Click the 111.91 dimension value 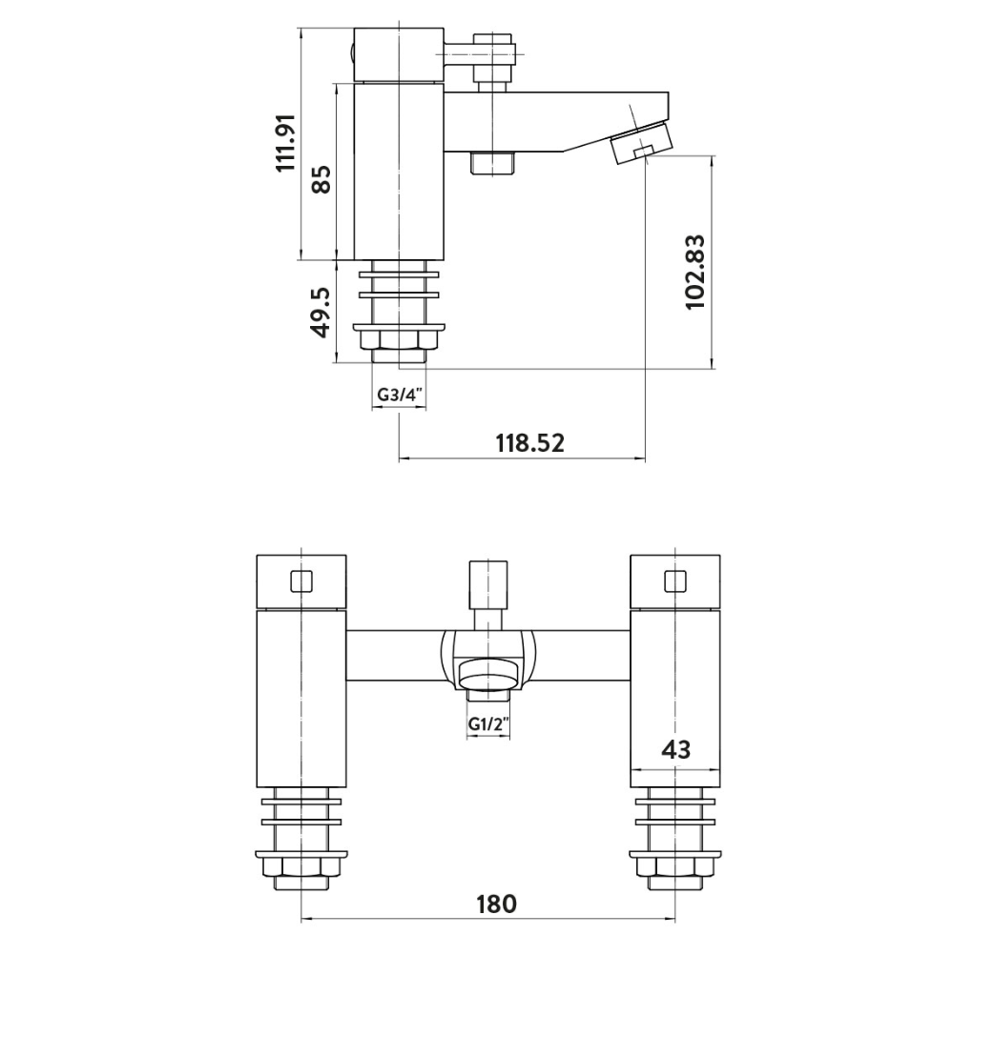coord(286,143)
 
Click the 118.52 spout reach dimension coord(529,442)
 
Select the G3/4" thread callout coord(398,395)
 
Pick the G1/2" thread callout coord(487,724)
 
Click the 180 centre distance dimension coord(496,903)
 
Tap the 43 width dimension coord(675,750)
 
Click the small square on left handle coord(301,580)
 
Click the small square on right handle coord(675,580)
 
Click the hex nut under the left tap coord(301,868)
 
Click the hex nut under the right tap coord(675,868)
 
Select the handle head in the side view coord(398,55)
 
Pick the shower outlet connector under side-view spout coord(493,163)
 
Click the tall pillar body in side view coord(398,172)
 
